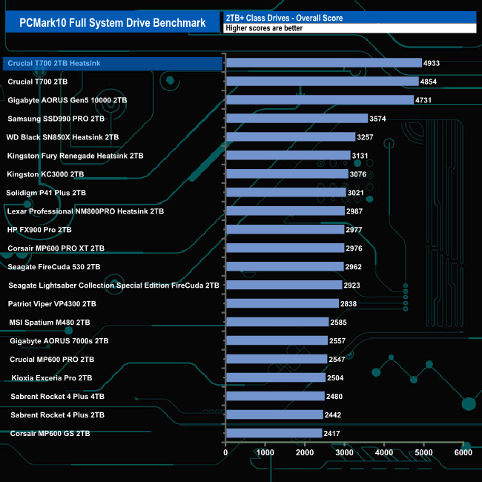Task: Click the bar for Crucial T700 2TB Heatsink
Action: (x=323, y=63)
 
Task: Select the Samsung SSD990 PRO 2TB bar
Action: (x=297, y=119)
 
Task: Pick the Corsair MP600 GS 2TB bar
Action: (x=274, y=433)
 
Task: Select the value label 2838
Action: (x=349, y=304)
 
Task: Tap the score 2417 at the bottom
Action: (x=332, y=433)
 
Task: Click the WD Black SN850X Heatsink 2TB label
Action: (x=62, y=137)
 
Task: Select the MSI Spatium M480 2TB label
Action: (x=50, y=323)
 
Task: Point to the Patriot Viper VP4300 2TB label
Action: (x=52, y=304)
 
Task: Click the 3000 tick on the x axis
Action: (x=344, y=452)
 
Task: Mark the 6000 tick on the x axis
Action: (x=463, y=452)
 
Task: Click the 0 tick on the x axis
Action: (x=225, y=452)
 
